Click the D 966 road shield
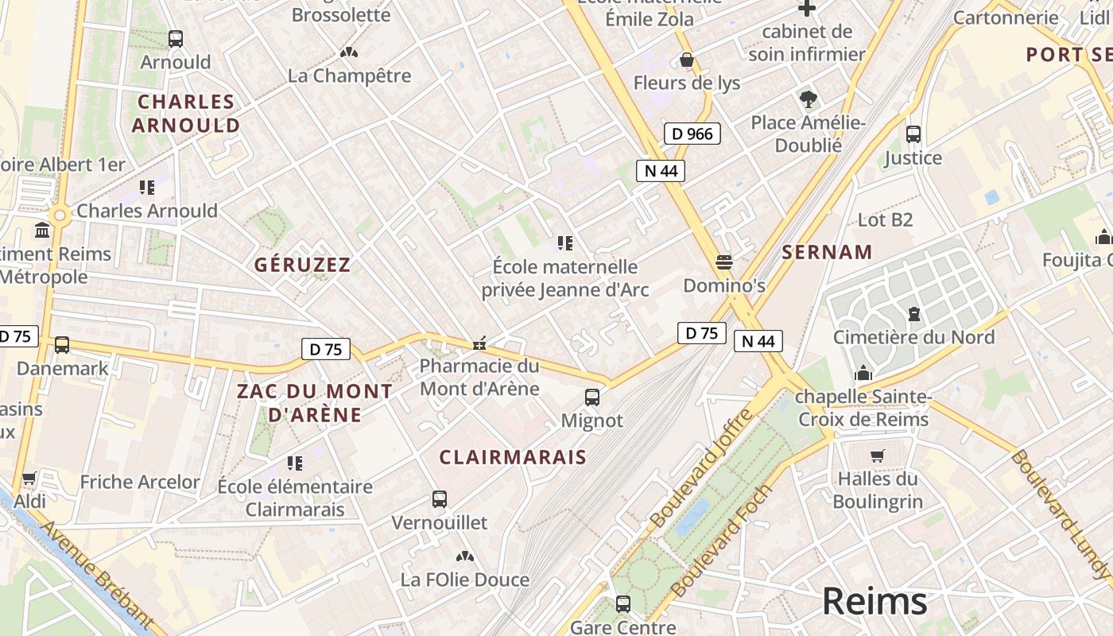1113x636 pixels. coord(692,134)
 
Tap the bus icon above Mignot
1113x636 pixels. coord(592,397)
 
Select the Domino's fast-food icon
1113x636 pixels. coord(723,262)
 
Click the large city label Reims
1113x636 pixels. coord(874,601)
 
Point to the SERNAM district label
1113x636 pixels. coord(827,253)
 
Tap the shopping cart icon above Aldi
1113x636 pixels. coord(29,479)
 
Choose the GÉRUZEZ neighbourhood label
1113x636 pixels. coord(302,265)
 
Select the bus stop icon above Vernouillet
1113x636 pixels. coord(440,499)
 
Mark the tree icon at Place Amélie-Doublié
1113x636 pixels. coord(809,99)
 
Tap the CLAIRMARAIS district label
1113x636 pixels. coord(513,457)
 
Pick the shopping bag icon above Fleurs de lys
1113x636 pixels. coord(687,60)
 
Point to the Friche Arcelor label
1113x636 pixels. coord(140,482)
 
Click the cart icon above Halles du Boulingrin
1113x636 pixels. coord(878,456)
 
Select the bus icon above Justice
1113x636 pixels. coord(913,134)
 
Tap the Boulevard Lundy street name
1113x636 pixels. coord(1061,514)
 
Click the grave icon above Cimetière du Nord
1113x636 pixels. coord(913,314)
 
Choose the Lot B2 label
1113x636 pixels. coord(885,219)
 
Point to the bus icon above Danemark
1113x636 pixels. coord(62,345)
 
